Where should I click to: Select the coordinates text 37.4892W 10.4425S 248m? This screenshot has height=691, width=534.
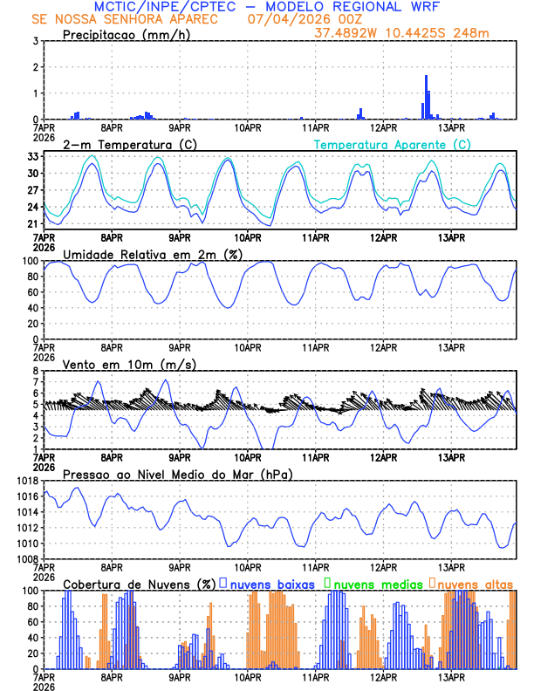pyautogui.click(x=413, y=32)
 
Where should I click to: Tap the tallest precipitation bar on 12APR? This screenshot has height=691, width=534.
pyautogui.click(x=426, y=97)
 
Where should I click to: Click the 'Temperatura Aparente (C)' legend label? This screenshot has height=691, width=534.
pyautogui.click(x=392, y=144)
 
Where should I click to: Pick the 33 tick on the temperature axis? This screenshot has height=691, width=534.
pyautogui.click(x=32, y=156)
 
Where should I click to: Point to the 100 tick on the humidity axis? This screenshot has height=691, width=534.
pyautogui.click(x=29, y=261)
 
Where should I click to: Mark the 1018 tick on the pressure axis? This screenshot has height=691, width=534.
pyautogui.click(x=26, y=481)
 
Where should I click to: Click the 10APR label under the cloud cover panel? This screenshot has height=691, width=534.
pyautogui.click(x=248, y=678)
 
